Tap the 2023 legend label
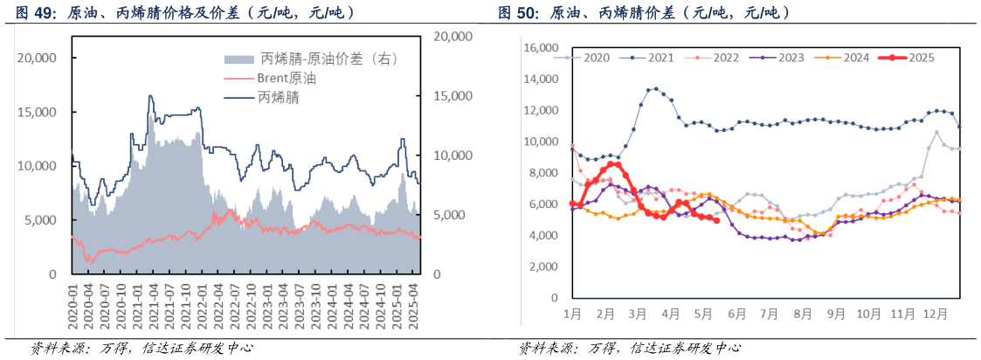[791, 58]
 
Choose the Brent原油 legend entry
[287, 79]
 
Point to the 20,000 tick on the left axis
[37, 58]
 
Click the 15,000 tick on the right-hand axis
[453, 96]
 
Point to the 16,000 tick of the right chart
[540, 48]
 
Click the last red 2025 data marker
[716, 220]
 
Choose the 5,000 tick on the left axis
[40, 220]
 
